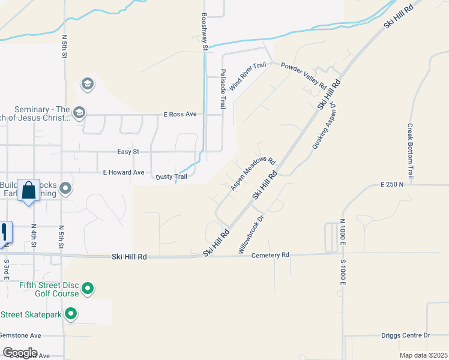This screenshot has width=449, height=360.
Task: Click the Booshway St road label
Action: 205,31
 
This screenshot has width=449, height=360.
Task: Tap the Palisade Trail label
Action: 222,88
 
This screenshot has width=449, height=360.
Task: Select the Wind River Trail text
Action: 247,77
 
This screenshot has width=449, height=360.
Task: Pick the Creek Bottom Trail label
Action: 411,151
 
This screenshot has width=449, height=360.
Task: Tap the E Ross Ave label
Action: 180,114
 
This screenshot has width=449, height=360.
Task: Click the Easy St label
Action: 128,152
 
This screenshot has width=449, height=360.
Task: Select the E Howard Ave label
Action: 124,172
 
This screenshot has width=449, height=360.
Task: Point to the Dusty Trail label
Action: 172,176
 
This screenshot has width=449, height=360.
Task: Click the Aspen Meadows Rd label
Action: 253,174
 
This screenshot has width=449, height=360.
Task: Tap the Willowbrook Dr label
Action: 252,235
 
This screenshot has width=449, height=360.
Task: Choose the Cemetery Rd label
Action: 270,255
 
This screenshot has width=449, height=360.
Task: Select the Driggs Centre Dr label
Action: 406,335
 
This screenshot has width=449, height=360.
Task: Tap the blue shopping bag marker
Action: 28,191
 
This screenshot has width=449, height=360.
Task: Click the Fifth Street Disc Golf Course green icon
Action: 88,289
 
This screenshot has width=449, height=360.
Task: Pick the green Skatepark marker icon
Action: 71,314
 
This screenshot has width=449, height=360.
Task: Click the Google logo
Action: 20,353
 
